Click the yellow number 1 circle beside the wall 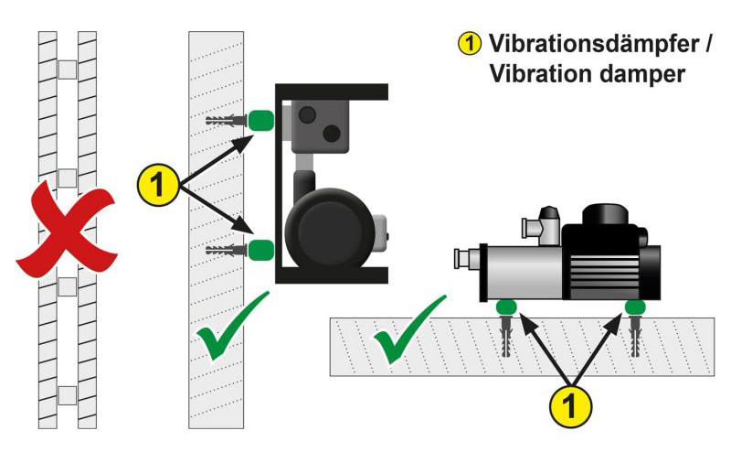pos(156,186)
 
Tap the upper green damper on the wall pos(262,120)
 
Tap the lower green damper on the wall pos(262,249)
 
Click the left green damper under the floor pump pos(505,307)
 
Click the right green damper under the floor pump pos(635,307)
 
